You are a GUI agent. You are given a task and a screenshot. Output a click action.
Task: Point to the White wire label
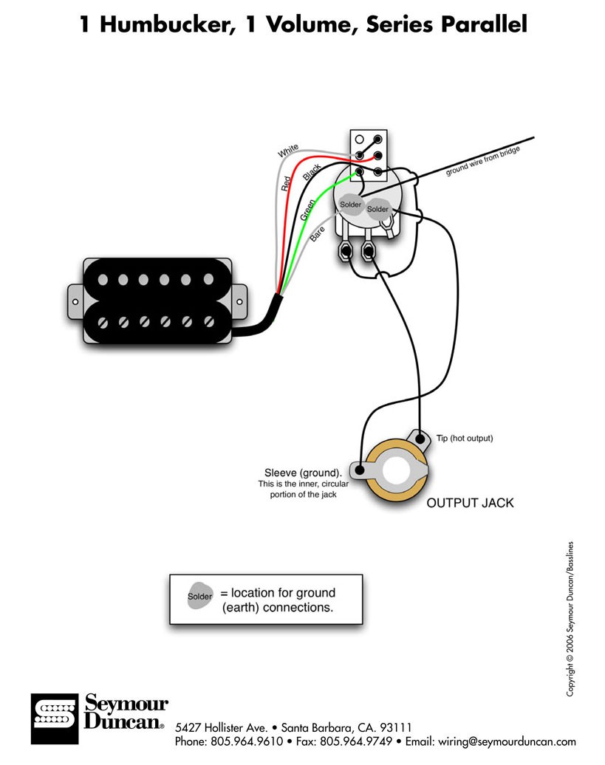tap(289, 151)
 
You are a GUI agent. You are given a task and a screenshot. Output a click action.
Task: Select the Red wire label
tap(285, 184)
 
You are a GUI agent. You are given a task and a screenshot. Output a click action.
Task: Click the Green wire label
tap(310, 209)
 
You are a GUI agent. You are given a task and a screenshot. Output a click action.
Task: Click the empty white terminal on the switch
tap(360, 139)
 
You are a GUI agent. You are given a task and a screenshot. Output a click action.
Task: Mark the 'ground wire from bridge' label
tap(483, 161)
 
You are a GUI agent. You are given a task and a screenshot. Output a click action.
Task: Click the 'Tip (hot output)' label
tap(464, 439)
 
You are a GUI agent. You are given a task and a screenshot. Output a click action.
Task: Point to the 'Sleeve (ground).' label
tap(303, 473)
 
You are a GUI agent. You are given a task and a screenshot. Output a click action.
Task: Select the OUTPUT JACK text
tap(469, 504)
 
